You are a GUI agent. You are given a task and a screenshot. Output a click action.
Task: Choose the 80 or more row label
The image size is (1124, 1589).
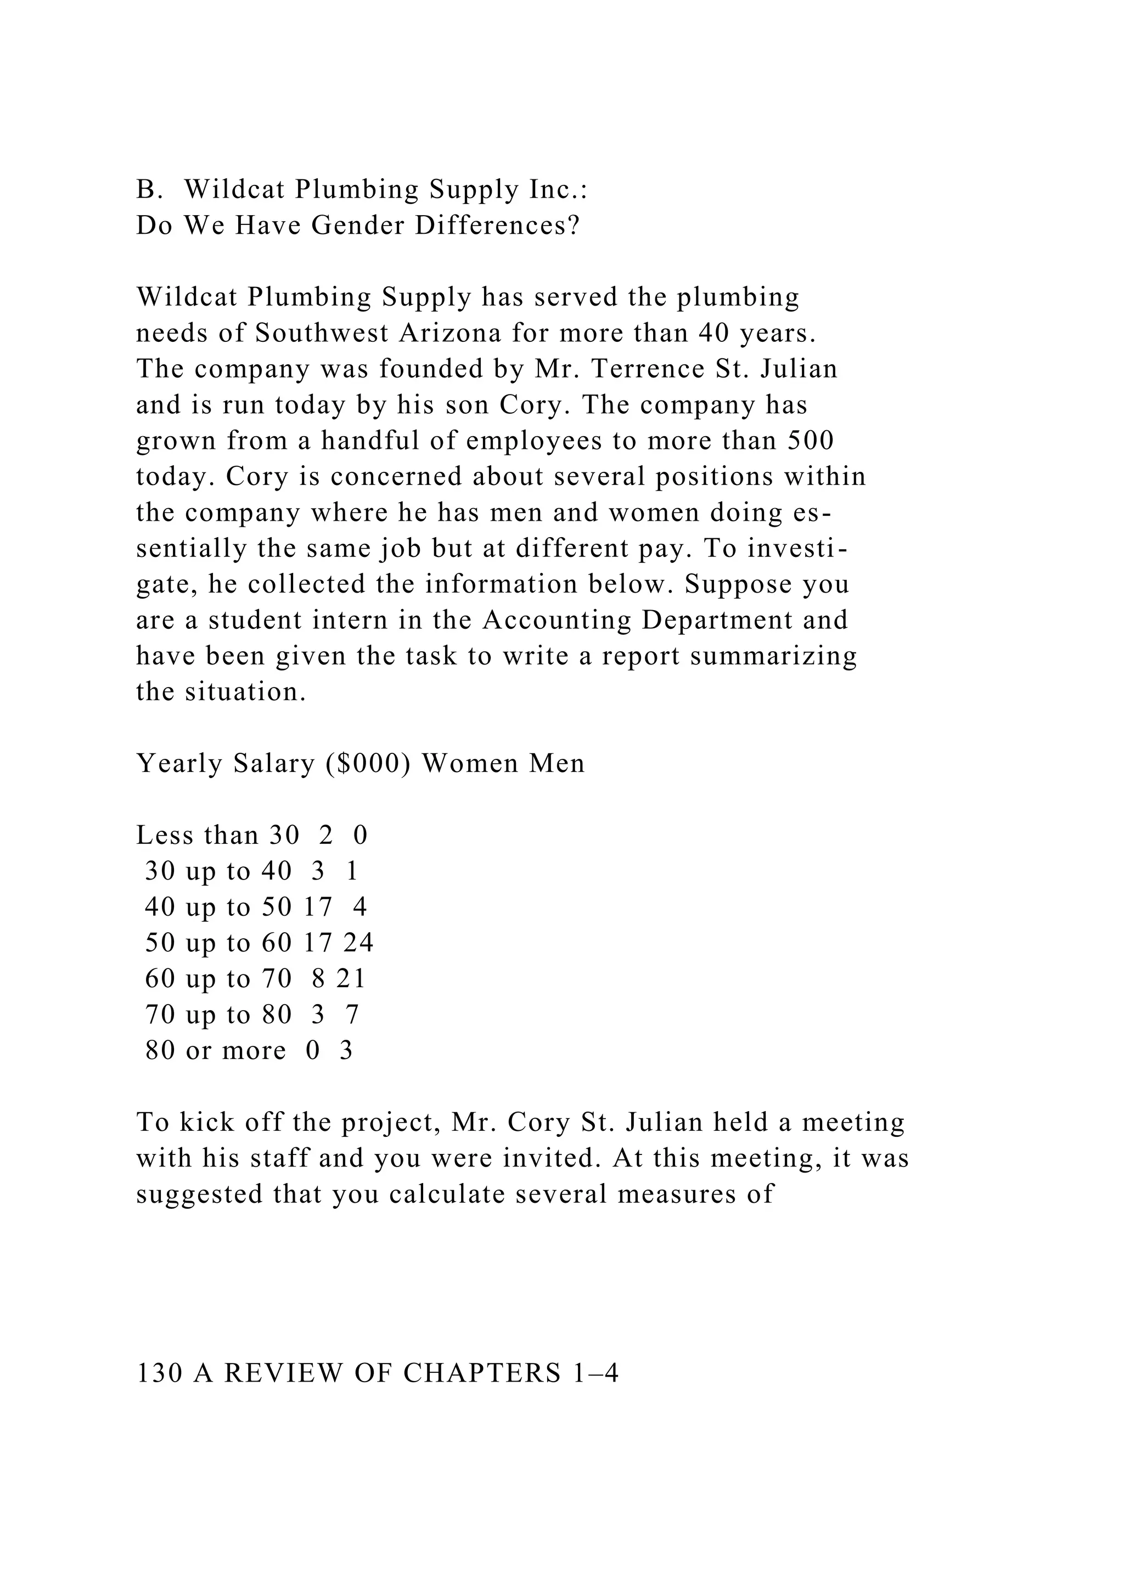pyautogui.click(x=215, y=1051)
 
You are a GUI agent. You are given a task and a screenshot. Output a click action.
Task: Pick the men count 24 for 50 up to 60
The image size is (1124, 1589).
pyautogui.click(x=358, y=943)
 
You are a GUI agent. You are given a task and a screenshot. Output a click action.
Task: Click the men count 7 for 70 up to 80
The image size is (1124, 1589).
pyautogui.click(x=352, y=1015)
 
